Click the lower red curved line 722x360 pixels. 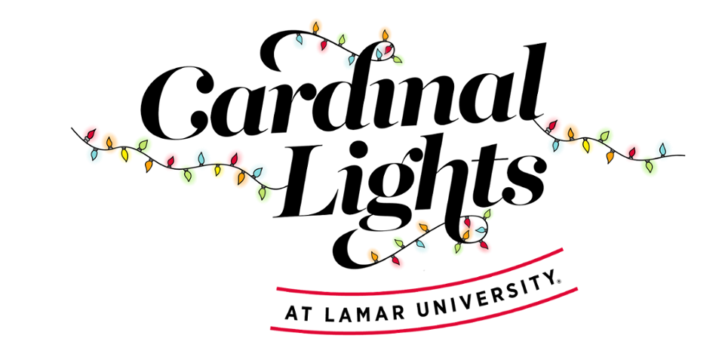(422, 326)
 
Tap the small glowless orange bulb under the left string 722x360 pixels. (149, 165)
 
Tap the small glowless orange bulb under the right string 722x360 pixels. (610, 156)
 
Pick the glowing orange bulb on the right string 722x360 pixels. (571, 134)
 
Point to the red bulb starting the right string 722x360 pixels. (551, 125)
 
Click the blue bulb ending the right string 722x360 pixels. (662, 149)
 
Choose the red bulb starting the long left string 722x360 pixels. (91, 134)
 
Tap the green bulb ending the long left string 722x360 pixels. (263, 193)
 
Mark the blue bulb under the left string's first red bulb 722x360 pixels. (94, 155)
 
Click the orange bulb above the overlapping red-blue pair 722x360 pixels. (385, 34)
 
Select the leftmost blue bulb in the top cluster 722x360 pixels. (299, 41)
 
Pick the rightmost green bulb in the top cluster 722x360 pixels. (398, 60)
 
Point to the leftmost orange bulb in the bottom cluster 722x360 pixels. (373, 255)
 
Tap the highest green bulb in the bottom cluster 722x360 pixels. (487, 214)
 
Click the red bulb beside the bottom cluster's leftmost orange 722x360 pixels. (396, 261)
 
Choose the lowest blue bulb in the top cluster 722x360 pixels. (349, 61)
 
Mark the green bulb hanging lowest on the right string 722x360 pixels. (648, 166)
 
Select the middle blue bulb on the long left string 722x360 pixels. (201, 158)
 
